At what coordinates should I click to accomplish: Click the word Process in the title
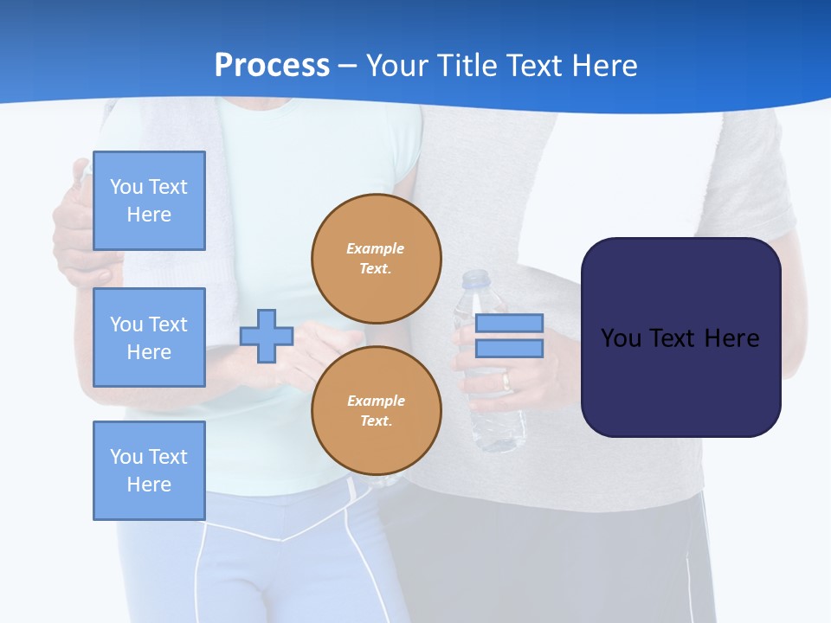(272, 66)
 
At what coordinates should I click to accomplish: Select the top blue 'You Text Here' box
(149, 201)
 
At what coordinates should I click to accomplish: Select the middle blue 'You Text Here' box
(149, 337)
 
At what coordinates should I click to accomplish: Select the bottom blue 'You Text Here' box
(149, 471)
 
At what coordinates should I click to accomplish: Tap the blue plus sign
(267, 336)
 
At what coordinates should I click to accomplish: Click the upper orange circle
(377, 259)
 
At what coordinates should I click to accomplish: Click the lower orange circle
(377, 411)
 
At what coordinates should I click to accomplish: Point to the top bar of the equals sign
(509, 324)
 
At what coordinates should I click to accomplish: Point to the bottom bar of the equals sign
(509, 349)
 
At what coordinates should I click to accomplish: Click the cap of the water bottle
(475, 279)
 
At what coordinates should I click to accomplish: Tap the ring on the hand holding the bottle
(506, 382)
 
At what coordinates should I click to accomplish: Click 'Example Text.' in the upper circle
(376, 259)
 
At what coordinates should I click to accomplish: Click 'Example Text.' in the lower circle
(376, 411)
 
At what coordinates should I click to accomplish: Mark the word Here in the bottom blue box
(149, 485)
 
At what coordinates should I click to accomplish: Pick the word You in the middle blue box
(126, 324)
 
